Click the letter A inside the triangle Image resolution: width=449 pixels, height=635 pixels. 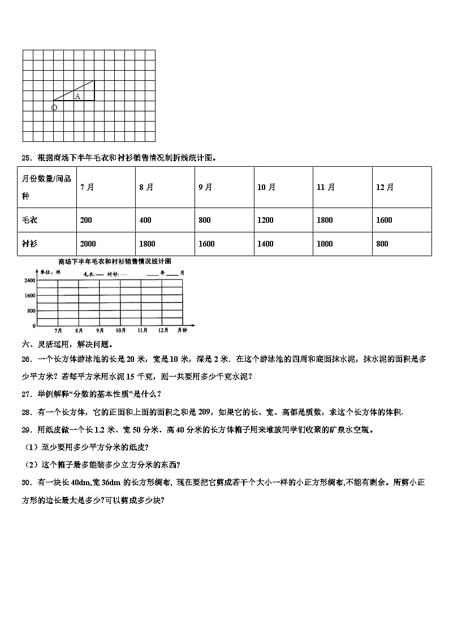(x=77, y=96)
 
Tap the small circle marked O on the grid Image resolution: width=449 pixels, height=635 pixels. (x=54, y=107)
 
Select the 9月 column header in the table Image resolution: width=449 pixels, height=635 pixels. (x=205, y=188)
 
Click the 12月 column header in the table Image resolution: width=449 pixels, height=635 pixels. (x=385, y=188)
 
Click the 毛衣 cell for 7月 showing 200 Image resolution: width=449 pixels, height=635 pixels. (x=86, y=220)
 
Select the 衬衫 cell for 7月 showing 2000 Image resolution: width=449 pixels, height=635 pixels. (x=88, y=244)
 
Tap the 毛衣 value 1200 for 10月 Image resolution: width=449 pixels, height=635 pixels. (x=265, y=220)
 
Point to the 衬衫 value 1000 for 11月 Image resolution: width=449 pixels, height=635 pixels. (x=325, y=244)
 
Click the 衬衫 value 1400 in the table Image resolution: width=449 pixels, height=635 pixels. (x=265, y=244)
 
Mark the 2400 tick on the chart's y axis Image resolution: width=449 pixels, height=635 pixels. (x=29, y=280)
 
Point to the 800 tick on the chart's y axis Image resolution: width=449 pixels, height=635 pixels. (x=31, y=311)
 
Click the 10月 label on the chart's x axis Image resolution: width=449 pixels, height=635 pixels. (x=120, y=330)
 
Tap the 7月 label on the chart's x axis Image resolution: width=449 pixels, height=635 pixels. (x=58, y=330)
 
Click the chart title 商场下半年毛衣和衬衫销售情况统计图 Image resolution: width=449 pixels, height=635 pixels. (x=114, y=261)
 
